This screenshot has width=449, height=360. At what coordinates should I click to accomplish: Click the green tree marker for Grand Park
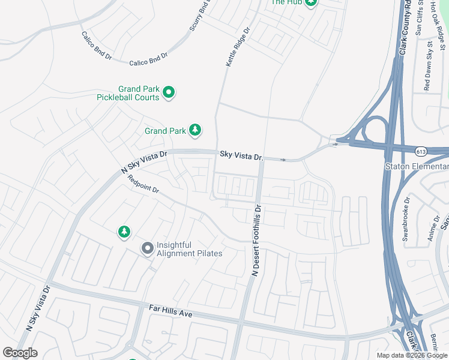pos(194,130)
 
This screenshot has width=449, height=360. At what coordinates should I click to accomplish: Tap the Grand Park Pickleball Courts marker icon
pos(169,92)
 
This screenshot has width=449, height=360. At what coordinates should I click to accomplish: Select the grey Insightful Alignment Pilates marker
pos(147,248)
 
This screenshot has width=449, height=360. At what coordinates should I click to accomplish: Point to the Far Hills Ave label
pos(170,310)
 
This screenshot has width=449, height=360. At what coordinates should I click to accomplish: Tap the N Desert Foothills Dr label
pos(256,241)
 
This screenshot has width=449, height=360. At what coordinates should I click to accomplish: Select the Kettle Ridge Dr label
pos(237,45)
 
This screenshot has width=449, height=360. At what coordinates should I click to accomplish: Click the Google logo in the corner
pos(20,352)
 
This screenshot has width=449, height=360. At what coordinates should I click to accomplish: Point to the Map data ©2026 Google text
pos(411,355)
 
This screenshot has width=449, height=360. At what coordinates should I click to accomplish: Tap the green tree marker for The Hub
pos(311,2)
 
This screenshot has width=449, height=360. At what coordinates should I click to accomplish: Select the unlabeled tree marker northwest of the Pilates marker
pos(124,231)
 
